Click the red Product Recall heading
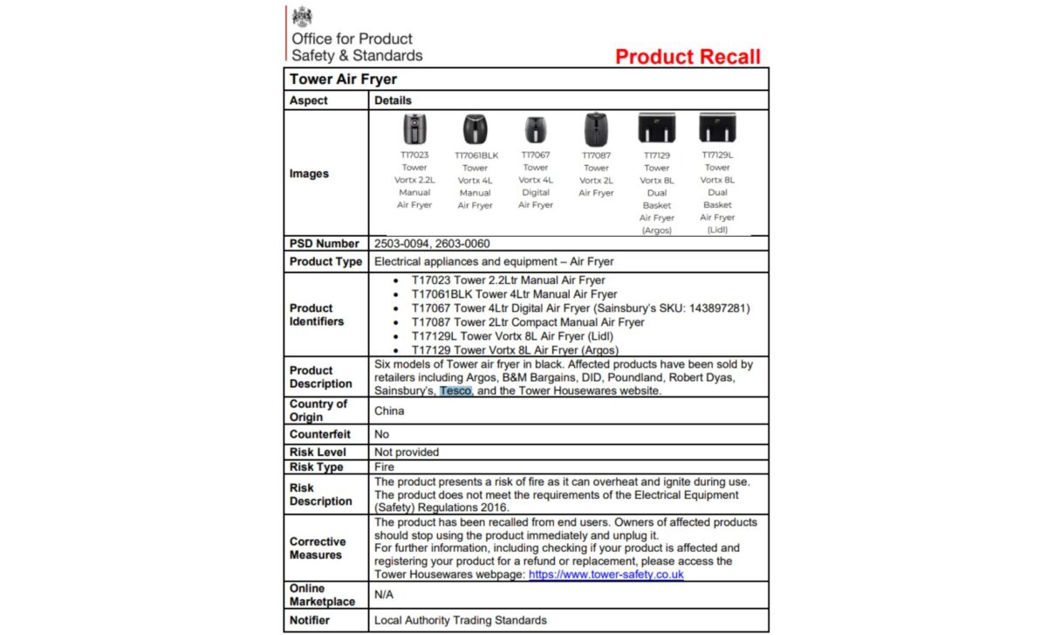(x=688, y=57)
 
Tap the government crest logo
(x=302, y=17)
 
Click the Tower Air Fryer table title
(x=343, y=79)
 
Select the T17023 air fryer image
(x=414, y=129)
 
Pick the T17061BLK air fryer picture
(x=476, y=129)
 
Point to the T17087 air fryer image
(x=596, y=129)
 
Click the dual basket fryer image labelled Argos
(x=657, y=128)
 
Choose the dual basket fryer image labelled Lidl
(x=717, y=128)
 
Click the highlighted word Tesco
(x=455, y=391)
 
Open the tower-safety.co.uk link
(x=606, y=575)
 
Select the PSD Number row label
(x=325, y=244)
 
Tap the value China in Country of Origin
(x=389, y=411)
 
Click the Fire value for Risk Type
(x=384, y=467)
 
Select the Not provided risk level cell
(x=407, y=452)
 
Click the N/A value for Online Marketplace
(x=385, y=595)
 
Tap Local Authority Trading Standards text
(x=461, y=620)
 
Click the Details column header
(x=393, y=100)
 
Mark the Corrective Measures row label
(x=318, y=549)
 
